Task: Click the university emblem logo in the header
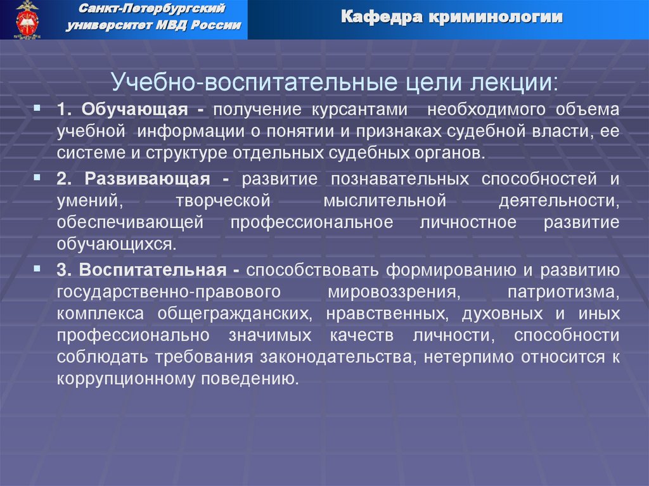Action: pyautogui.click(x=27, y=20)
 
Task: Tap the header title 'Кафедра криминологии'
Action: pyautogui.click(x=451, y=18)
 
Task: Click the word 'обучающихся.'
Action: pyautogui.click(x=115, y=243)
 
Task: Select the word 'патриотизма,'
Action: pyautogui.click(x=563, y=293)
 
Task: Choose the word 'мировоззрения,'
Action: pyautogui.click(x=393, y=293)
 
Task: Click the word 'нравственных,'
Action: pyautogui.click(x=381, y=314)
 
